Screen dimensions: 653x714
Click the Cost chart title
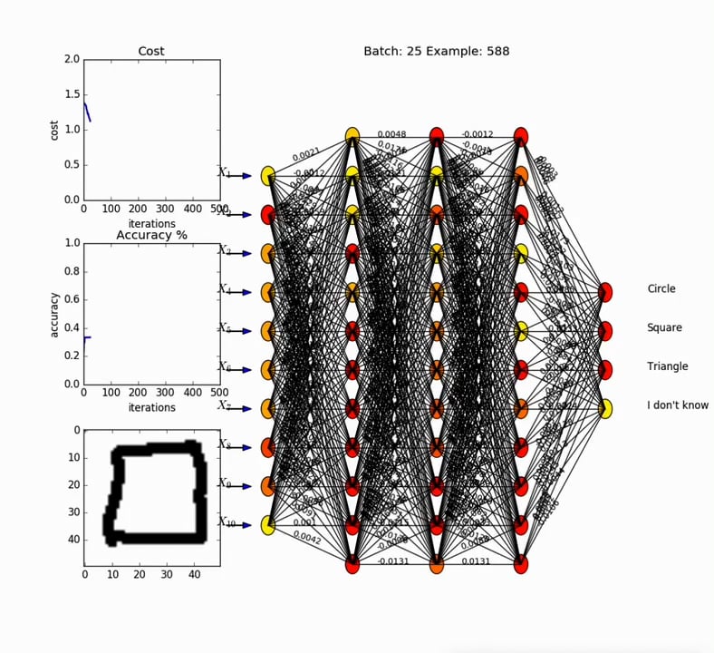151,52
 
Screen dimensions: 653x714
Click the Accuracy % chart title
151,235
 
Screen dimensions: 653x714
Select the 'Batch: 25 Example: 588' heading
436,52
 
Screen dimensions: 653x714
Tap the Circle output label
661,289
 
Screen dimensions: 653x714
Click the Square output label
664,328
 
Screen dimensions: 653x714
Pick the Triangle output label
667,366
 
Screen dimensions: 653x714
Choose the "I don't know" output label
677,405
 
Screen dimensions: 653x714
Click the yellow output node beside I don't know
604,409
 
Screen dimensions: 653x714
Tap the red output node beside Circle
604,292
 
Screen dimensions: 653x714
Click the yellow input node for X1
268,176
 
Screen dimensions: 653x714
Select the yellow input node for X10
268,525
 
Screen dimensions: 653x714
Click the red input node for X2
268,215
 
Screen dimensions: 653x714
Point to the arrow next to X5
240,331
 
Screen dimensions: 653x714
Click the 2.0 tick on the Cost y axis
72,59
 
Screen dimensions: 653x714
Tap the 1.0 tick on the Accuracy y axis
72,243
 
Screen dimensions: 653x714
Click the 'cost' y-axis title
54,129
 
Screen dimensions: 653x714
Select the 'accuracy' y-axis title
54,314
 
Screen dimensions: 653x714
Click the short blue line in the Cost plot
87,112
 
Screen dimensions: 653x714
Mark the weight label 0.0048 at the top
391,135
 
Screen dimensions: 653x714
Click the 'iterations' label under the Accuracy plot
151,408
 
